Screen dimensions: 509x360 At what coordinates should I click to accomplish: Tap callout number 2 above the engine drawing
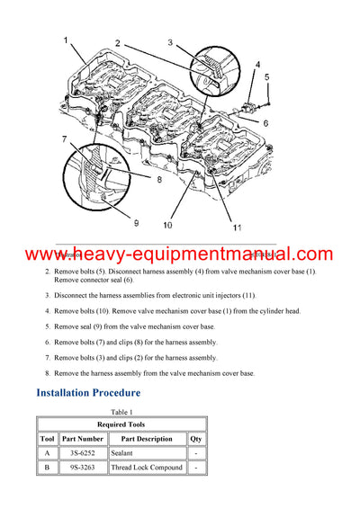point(117,44)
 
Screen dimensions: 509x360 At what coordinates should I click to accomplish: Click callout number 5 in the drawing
point(266,78)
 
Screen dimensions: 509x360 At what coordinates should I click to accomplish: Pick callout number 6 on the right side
point(266,122)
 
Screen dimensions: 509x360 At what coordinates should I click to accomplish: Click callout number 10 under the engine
point(167,225)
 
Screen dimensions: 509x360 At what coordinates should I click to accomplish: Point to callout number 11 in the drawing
point(238,228)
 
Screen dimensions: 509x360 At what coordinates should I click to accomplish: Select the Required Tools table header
point(121,424)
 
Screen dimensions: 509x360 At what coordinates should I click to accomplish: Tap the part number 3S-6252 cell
point(84,453)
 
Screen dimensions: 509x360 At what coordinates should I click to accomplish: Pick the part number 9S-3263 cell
point(84,468)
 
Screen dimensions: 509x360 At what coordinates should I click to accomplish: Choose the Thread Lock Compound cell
point(146,468)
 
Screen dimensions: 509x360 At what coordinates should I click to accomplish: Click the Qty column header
point(195,439)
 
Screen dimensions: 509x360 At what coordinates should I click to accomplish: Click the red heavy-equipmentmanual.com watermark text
point(180,254)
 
